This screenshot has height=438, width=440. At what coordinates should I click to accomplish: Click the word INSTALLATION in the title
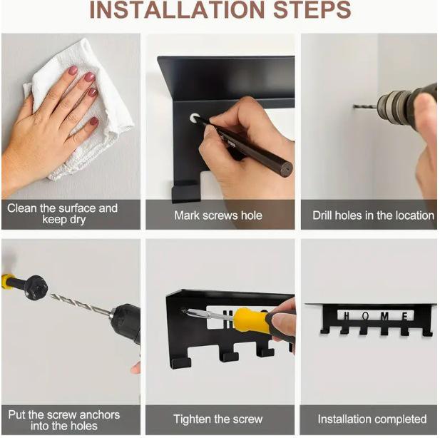[x=177, y=10]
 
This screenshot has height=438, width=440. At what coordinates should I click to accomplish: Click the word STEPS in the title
[x=312, y=10]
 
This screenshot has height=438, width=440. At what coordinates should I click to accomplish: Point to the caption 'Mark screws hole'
[x=218, y=215]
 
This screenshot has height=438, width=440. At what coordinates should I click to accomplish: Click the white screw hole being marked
[x=194, y=118]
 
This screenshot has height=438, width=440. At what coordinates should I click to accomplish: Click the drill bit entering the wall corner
[x=365, y=106]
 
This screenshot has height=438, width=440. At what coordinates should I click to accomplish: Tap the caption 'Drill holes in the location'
[x=373, y=215]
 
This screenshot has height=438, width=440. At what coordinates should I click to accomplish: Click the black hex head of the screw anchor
[x=36, y=287]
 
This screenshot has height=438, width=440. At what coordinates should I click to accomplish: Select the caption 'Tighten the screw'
[x=218, y=419]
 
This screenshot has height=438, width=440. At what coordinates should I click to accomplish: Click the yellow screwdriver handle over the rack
[x=249, y=320]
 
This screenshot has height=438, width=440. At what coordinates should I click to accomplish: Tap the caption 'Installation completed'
[x=372, y=419]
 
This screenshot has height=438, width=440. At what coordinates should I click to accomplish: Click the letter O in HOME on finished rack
[x=366, y=316]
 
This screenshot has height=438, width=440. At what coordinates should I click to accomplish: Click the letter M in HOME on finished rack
[x=384, y=317]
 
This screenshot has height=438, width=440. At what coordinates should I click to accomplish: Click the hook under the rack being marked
[x=185, y=192]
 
